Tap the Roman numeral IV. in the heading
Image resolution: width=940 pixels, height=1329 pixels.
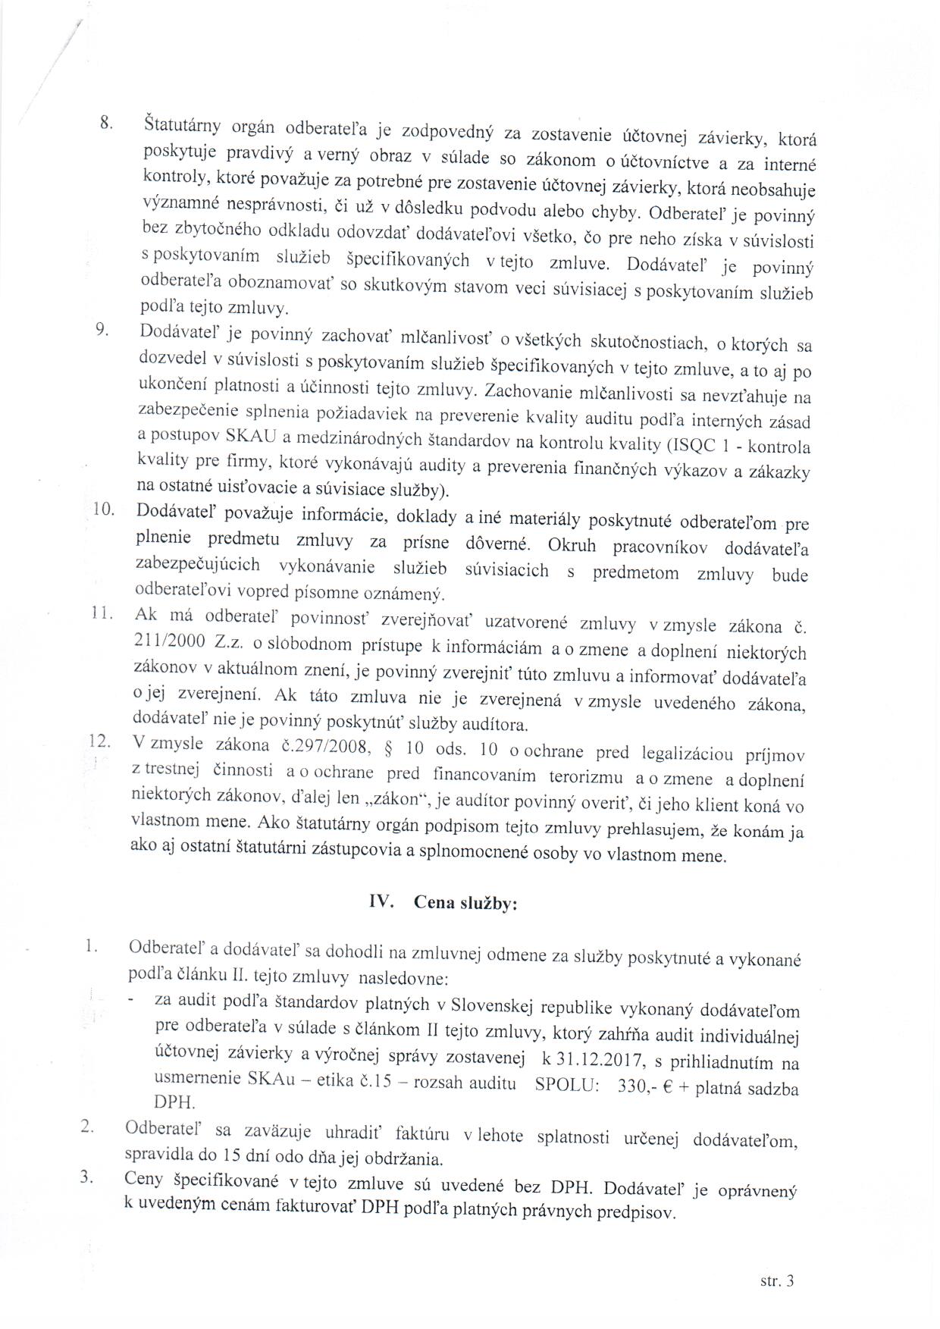click(380, 901)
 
